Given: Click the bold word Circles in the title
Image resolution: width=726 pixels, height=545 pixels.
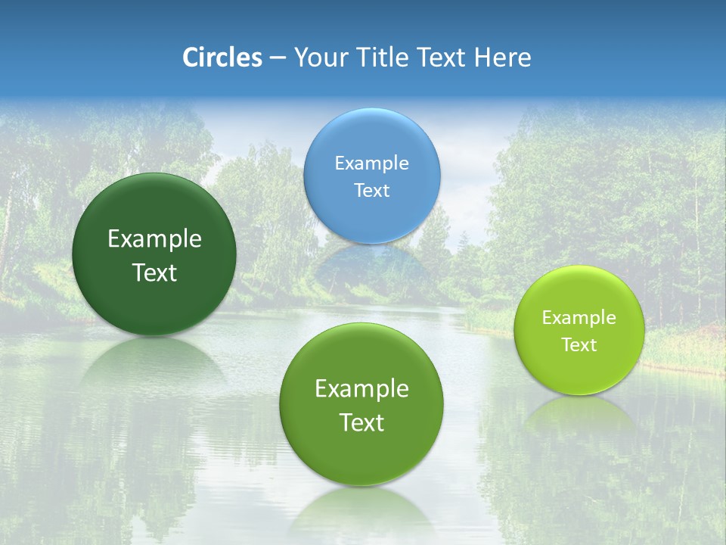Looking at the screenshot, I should pyautogui.click(x=222, y=58).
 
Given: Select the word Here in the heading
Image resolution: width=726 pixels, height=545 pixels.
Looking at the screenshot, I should pyautogui.click(x=502, y=58).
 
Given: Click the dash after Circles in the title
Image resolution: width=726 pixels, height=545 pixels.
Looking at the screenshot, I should pyautogui.click(x=278, y=58).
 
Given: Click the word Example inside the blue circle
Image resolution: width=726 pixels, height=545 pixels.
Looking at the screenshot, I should pyautogui.click(x=372, y=163).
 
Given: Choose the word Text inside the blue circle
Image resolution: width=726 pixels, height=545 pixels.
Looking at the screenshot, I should pyautogui.click(x=372, y=191).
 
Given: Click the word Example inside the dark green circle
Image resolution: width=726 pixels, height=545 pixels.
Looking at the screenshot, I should pyautogui.click(x=154, y=239).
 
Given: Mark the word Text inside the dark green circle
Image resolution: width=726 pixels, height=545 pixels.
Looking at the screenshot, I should pyautogui.click(x=154, y=273).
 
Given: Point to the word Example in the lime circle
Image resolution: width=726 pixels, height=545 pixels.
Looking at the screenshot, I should pyautogui.click(x=579, y=318).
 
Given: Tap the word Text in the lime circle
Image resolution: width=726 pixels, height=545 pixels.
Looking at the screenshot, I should pyautogui.click(x=579, y=345).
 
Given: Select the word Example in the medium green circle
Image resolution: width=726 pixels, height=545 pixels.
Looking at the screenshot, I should pyautogui.click(x=361, y=389).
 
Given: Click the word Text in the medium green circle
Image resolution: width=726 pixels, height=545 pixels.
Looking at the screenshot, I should pyautogui.click(x=361, y=423).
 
